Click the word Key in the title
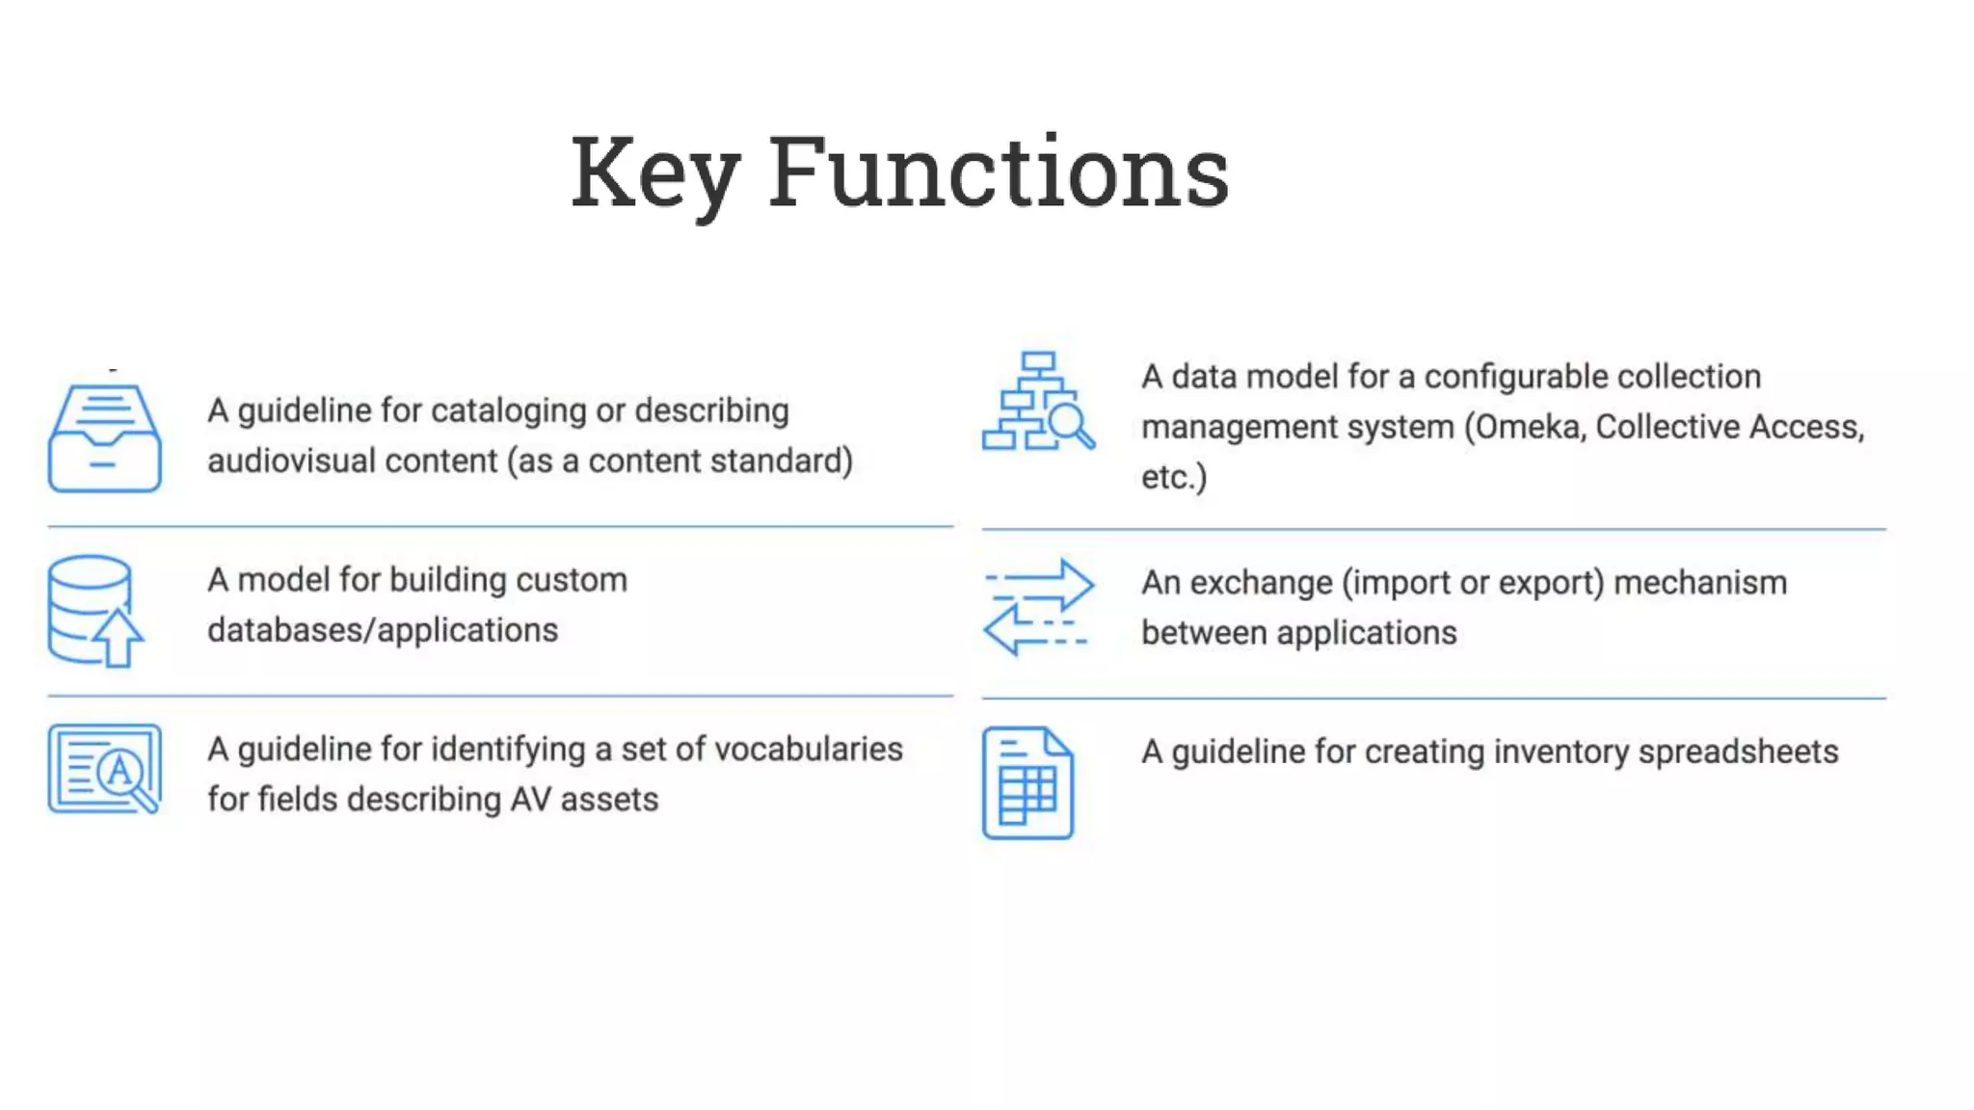tap(655, 173)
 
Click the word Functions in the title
tap(999, 173)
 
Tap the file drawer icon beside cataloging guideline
tap(104, 437)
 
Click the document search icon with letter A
tap(104, 769)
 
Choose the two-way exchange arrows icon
tap(1038, 607)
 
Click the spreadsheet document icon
tap(1027, 782)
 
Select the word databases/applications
tap(383, 630)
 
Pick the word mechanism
tap(1700, 583)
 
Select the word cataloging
tap(508, 411)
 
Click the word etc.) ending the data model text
tap(1173, 478)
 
